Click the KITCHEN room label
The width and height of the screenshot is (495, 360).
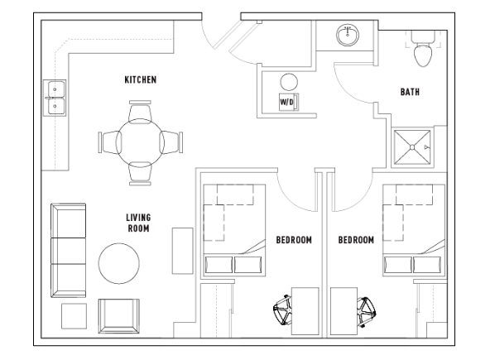point(141,79)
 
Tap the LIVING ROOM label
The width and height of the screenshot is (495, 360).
point(138,223)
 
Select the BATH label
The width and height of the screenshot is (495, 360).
point(410,92)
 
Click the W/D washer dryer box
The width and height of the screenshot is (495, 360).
point(289,102)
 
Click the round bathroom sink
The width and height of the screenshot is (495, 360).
point(348,36)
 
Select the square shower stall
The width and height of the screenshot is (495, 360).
point(412,147)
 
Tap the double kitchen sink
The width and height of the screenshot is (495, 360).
point(55,98)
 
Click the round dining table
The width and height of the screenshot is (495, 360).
point(140,142)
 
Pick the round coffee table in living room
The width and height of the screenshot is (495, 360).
point(118,263)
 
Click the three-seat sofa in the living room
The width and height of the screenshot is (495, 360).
point(68,250)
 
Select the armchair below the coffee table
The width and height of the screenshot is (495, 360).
point(118,316)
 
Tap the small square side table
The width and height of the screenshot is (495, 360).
point(74,316)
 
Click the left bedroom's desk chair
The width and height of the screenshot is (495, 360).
point(282,310)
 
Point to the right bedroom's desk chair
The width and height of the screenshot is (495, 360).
point(366,312)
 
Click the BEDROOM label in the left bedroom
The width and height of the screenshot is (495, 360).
point(294,240)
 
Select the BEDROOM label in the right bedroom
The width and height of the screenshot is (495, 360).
point(356,240)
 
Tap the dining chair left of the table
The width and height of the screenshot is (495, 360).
point(109,142)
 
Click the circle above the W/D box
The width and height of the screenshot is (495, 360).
point(289,82)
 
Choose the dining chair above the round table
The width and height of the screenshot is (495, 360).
point(140,112)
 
